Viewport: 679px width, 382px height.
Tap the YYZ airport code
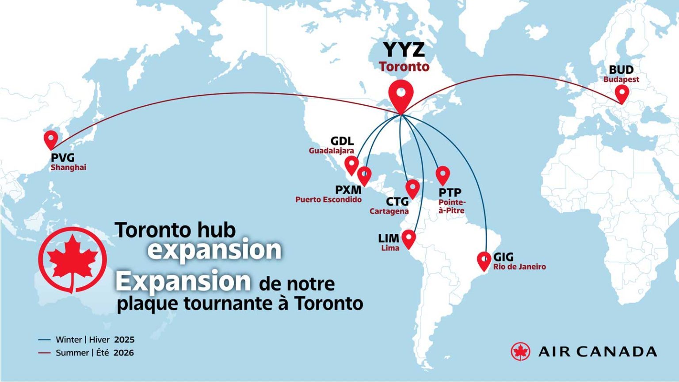404,50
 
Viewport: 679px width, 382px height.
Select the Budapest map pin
622,93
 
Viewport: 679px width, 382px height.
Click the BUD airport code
621,70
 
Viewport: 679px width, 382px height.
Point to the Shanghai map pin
51,138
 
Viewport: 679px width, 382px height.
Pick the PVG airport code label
63,158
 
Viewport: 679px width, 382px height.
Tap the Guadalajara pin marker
351,164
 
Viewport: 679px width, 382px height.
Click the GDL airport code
342,141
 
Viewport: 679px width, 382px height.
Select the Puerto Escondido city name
328,199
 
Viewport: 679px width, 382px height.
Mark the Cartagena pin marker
412,188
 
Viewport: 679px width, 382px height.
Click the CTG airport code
397,202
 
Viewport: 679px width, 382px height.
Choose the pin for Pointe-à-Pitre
442,175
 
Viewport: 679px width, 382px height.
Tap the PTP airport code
450,193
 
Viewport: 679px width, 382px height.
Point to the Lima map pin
409,238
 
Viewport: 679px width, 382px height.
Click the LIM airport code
389,239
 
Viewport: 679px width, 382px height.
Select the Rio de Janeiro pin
484,260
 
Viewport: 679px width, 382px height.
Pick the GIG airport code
504,257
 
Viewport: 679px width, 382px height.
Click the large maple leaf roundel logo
72,260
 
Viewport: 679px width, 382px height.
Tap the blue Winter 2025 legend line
44,340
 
